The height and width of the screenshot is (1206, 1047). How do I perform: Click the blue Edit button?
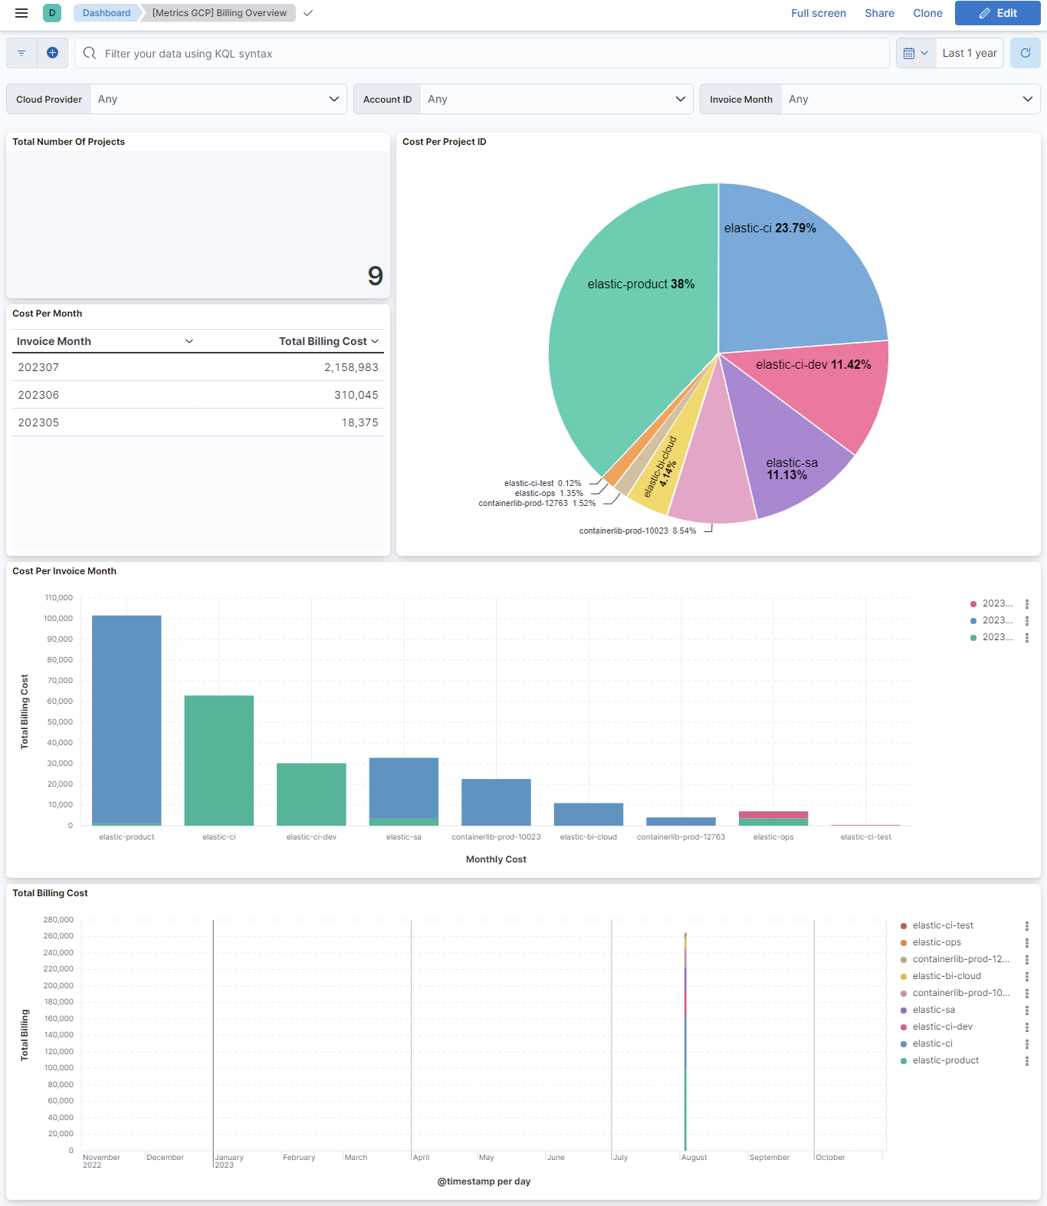(997, 13)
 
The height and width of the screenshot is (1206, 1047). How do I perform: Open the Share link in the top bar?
(879, 13)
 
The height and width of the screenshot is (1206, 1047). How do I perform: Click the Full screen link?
(818, 13)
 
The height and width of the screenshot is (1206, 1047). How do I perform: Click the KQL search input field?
(491, 54)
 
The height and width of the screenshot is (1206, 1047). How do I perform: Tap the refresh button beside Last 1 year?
(1025, 53)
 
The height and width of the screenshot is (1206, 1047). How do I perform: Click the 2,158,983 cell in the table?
(351, 367)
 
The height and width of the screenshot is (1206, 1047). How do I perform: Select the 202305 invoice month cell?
(38, 422)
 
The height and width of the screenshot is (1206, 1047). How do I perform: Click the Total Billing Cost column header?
(323, 341)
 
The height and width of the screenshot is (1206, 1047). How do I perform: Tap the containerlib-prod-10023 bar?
(496, 802)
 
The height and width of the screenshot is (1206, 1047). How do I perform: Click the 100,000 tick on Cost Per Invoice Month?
(58, 619)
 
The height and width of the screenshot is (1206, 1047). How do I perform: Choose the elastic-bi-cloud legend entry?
(947, 976)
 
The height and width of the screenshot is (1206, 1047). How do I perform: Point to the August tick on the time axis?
(694, 1158)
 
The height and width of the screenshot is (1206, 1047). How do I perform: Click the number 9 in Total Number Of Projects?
(375, 276)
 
